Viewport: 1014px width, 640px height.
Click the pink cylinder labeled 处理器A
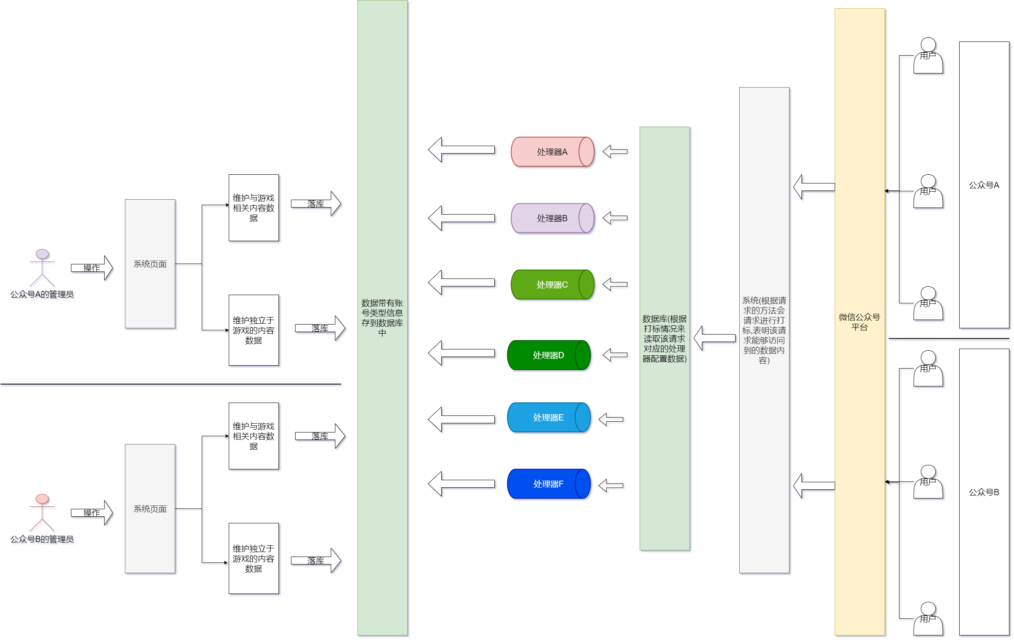click(552, 151)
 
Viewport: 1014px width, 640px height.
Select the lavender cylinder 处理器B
click(552, 218)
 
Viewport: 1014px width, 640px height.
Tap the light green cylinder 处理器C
click(552, 285)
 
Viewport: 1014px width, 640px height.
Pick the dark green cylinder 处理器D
click(548, 355)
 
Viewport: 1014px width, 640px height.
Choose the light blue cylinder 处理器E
click(548, 417)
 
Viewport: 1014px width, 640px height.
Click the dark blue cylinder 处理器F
click(548, 484)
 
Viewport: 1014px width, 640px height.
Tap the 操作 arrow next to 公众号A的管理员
click(92, 268)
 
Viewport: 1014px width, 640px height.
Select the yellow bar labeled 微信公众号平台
click(859, 322)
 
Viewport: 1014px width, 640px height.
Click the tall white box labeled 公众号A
click(984, 185)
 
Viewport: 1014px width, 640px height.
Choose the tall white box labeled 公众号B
click(984, 492)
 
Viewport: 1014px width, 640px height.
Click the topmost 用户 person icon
click(928, 56)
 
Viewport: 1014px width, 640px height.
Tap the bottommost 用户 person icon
click(928, 618)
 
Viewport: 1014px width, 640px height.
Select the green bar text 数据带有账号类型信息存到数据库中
click(382, 318)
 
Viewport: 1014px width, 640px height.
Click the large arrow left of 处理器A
click(461, 149)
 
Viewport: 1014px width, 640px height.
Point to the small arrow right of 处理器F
click(611, 486)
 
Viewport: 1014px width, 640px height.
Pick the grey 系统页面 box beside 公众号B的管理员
click(150, 508)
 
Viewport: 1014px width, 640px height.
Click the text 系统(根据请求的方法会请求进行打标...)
click(764, 330)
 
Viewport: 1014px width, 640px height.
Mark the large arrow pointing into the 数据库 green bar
click(714, 338)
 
